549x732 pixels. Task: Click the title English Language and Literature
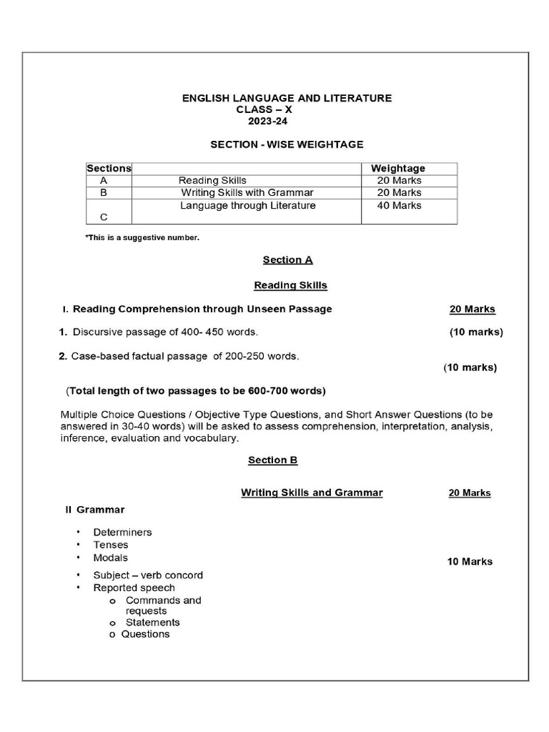pyautogui.click(x=287, y=98)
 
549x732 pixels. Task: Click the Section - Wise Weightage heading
pyautogui.click(x=287, y=144)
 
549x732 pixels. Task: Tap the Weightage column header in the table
pyautogui.click(x=398, y=169)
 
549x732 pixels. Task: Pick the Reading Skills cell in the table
pyautogui.click(x=212, y=181)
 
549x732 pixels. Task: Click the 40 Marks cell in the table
pyautogui.click(x=400, y=206)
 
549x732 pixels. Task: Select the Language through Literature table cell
pyautogui.click(x=247, y=206)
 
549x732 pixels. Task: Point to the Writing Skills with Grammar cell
pyautogui.click(x=247, y=193)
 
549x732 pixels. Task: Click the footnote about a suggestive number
pyautogui.click(x=142, y=237)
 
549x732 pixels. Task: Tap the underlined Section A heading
pyautogui.click(x=287, y=260)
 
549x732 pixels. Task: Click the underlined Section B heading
pyautogui.click(x=272, y=460)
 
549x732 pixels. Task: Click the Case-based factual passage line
pyautogui.click(x=179, y=355)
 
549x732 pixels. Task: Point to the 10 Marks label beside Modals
pyautogui.click(x=470, y=562)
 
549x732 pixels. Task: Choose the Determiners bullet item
pyautogui.click(x=122, y=533)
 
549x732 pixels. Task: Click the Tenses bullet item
pyautogui.click(x=111, y=545)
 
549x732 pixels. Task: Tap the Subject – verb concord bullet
pyautogui.click(x=148, y=575)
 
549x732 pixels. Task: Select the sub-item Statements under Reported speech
pyautogui.click(x=152, y=623)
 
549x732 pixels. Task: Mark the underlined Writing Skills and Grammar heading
pyautogui.click(x=312, y=493)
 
